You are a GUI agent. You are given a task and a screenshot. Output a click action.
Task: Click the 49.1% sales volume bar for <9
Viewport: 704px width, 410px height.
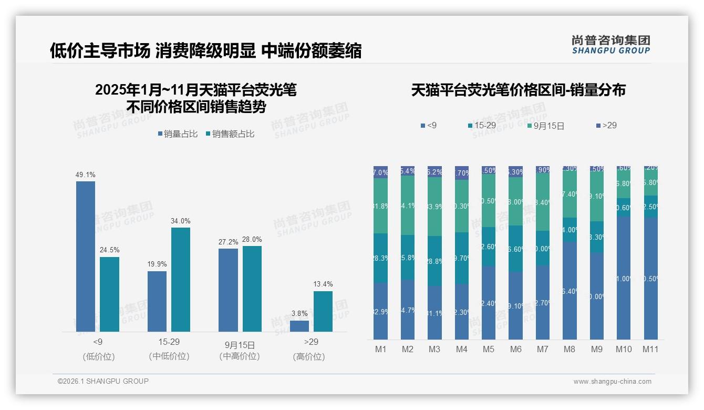[x=86, y=257]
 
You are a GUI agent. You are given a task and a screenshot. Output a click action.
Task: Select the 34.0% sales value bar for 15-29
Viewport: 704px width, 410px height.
[x=181, y=279]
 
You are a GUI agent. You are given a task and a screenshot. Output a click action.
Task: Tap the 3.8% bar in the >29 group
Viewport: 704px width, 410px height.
[x=299, y=326]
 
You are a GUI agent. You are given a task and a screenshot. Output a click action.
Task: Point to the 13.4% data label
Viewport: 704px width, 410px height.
[x=323, y=284]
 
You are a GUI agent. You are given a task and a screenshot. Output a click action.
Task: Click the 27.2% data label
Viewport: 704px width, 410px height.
[x=228, y=242]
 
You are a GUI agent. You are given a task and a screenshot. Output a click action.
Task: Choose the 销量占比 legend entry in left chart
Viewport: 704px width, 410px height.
[x=178, y=134]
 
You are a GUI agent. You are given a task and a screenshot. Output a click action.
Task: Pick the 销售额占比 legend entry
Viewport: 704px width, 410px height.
[x=230, y=134]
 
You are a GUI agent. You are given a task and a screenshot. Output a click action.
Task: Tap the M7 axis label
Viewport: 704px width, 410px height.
[x=543, y=349]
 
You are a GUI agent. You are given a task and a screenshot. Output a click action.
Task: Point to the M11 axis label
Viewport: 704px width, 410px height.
[x=650, y=349]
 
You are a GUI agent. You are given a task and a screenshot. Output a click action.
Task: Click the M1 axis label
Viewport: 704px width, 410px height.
[x=381, y=349]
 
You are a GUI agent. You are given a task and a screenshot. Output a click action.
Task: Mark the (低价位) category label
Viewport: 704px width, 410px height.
[x=99, y=356]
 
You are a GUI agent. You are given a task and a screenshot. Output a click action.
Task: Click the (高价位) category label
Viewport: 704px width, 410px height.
[x=309, y=356]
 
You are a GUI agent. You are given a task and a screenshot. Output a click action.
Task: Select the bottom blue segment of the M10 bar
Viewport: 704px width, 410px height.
[x=623, y=278]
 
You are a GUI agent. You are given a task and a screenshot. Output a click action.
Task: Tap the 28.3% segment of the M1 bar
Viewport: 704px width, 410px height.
[x=381, y=258]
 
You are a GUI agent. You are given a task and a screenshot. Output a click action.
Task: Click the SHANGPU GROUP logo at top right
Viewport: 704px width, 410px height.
[x=610, y=45]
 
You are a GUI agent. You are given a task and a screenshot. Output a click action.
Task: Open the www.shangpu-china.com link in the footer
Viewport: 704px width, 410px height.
[x=612, y=382]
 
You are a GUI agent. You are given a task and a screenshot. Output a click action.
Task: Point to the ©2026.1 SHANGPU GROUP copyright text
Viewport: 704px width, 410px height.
[x=103, y=381]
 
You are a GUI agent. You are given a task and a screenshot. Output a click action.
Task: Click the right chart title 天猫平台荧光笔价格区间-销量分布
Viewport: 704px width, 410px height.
[x=518, y=90]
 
